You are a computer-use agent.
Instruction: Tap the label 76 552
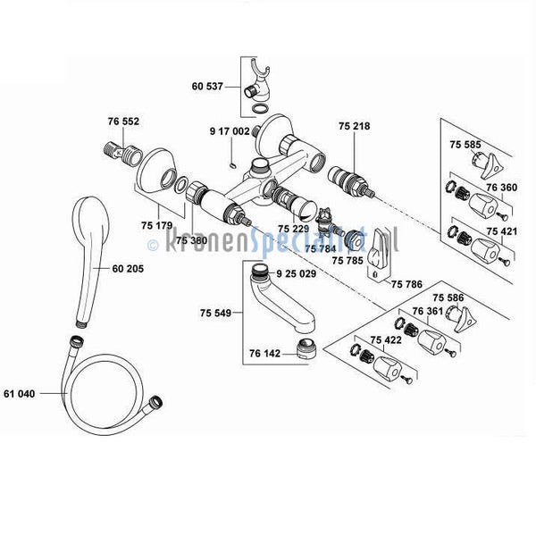click(x=123, y=121)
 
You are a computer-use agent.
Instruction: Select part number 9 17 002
click(x=230, y=131)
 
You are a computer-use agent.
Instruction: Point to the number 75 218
click(x=355, y=126)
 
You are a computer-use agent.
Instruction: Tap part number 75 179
click(x=157, y=226)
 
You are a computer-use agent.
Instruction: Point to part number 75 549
click(x=215, y=312)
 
